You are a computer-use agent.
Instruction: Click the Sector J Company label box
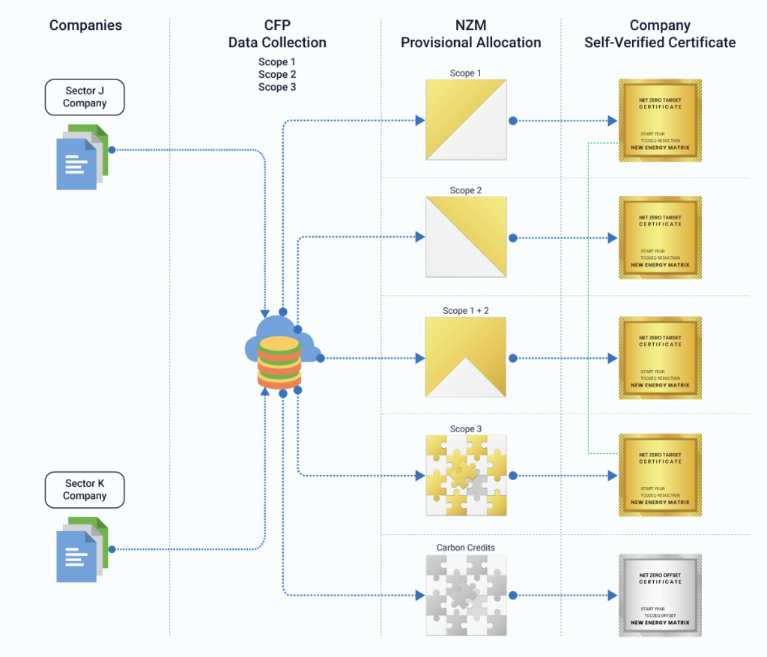(85, 97)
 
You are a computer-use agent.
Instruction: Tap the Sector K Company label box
(85, 490)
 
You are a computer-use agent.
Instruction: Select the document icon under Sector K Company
(82, 548)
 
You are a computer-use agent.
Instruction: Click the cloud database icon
(281, 352)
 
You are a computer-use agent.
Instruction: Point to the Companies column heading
(85, 25)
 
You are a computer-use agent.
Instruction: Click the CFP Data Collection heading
(277, 34)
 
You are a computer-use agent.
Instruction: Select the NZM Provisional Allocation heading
(470, 34)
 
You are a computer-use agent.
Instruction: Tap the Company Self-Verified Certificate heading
(660, 34)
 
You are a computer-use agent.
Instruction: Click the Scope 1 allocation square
(465, 120)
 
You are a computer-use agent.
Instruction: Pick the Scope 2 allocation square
(465, 237)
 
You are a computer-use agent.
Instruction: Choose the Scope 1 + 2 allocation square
(465, 357)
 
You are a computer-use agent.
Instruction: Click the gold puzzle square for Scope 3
(465, 475)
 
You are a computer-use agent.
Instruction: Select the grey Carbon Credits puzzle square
(465, 595)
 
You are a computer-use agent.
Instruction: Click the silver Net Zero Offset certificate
(660, 595)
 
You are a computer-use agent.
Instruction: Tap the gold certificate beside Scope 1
(660, 120)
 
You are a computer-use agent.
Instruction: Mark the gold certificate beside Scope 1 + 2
(660, 357)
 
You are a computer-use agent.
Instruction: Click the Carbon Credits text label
(465, 548)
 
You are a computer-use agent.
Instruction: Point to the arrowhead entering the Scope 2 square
(420, 237)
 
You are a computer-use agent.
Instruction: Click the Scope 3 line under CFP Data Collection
(277, 87)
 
